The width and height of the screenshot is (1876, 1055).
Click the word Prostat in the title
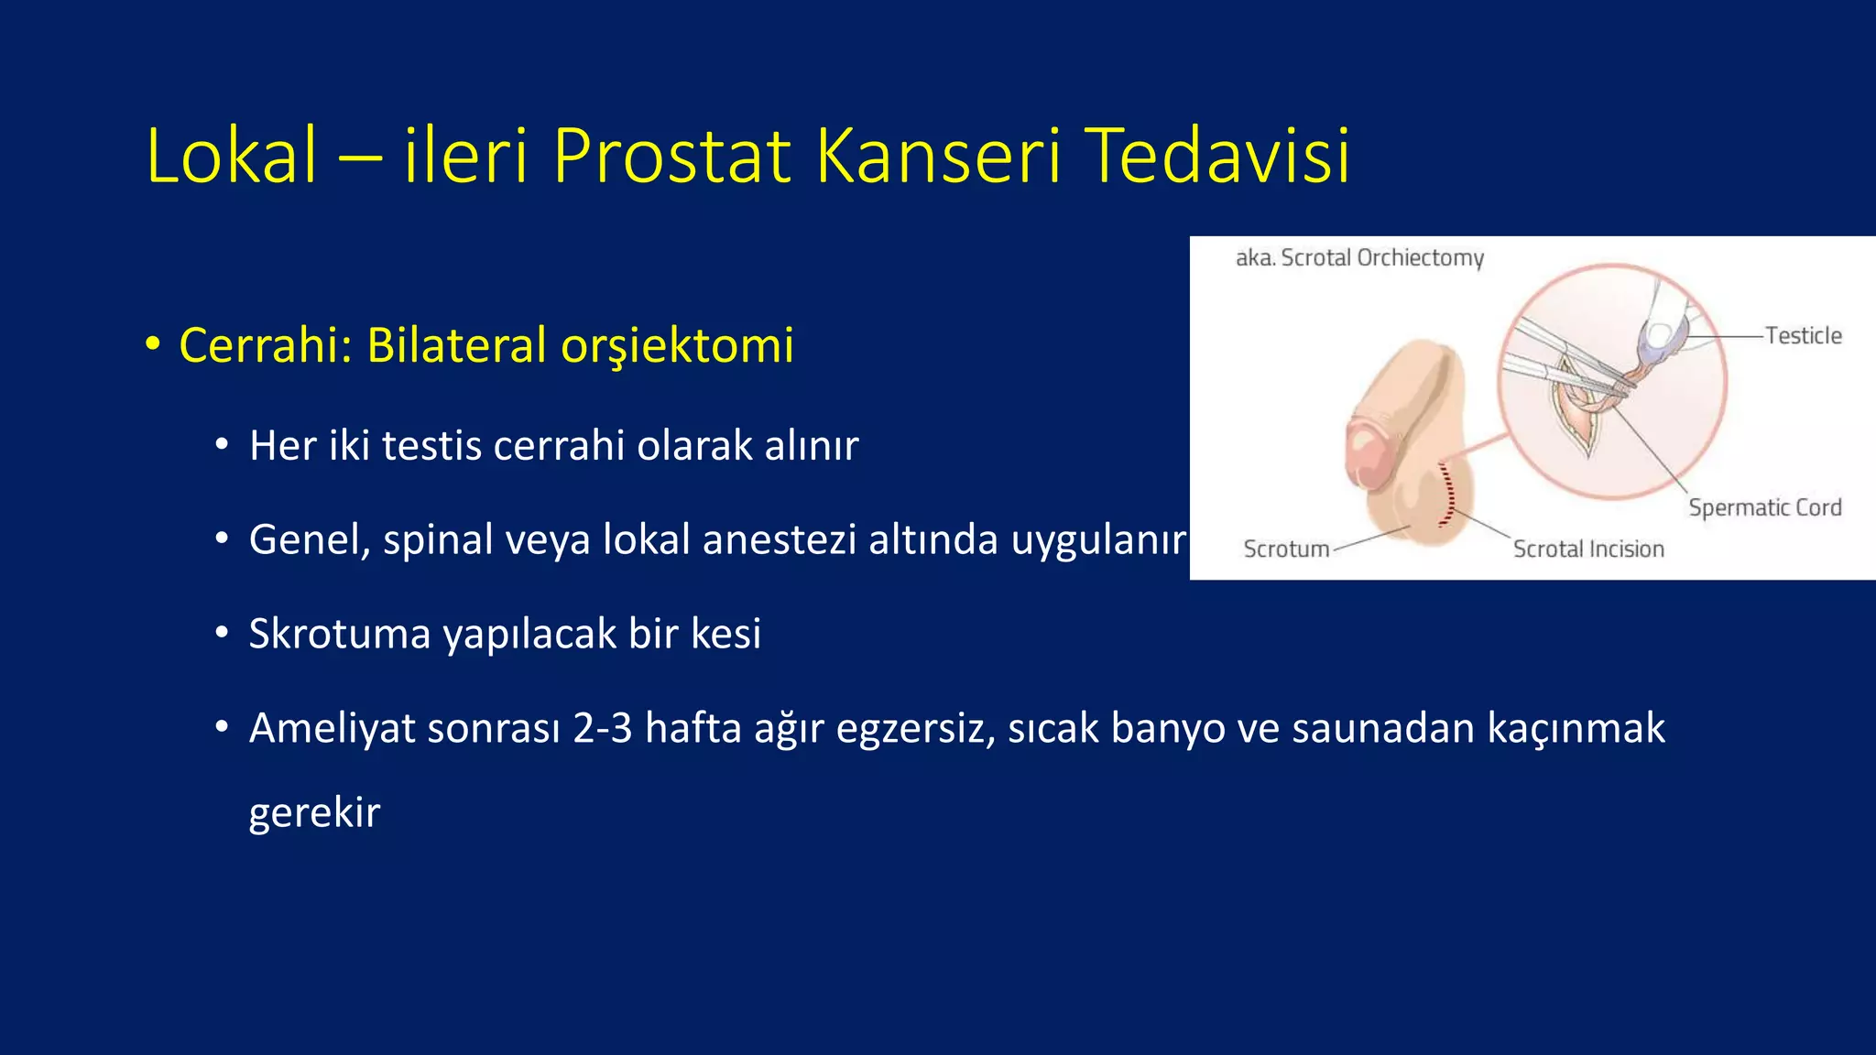[671, 156]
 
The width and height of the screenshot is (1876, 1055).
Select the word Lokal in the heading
[232, 156]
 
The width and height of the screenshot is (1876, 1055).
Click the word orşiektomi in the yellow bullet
[677, 346]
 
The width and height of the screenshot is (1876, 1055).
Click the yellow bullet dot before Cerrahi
[152, 344]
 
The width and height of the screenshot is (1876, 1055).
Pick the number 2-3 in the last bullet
[602, 729]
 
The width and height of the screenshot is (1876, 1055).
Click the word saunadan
[1382, 729]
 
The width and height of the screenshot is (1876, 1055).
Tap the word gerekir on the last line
[314, 813]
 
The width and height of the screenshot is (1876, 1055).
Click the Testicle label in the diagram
[1803, 336]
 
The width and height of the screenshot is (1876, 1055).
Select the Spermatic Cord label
[1764, 508]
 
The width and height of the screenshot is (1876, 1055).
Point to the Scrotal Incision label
[1587, 549]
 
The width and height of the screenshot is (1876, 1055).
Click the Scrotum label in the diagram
[1286, 549]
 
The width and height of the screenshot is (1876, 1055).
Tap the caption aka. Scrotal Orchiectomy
[1359, 258]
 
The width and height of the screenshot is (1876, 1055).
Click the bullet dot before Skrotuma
[222, 634]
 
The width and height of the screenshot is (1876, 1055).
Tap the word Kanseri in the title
[938, 156]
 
